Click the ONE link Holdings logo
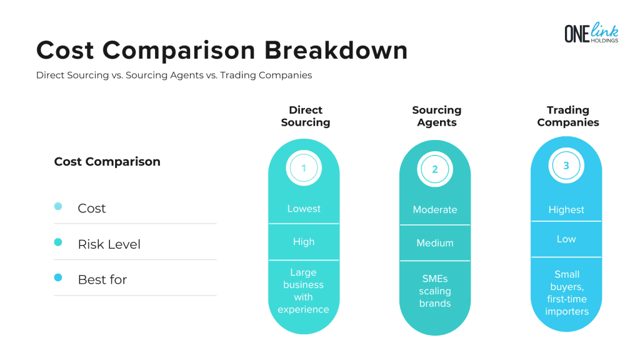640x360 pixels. (x=591, y=33)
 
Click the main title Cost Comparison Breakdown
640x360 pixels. (x=222, y=50)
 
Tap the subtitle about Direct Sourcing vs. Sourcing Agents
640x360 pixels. (x=174, y=75)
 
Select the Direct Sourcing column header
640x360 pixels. (x=306, y=116)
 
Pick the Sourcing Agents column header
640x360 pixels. (x=436, y=116)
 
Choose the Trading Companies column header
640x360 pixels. (x=567, y=116)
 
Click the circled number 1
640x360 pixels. (x=304, y=168)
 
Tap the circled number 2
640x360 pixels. (x=435, y=169)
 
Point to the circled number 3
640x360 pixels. (x=566, y=166)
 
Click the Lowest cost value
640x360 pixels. (x=304, y=209)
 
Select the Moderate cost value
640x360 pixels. (x=435, y=210)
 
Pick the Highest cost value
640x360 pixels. (x=566, y=210)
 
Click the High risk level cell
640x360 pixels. (x=304, y=242)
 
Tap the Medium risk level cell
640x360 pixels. (x=435, y=243)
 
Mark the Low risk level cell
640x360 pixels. (x=566, y=239)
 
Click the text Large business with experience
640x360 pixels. (x=304, y=291)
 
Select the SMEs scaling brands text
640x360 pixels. (x=435, y=291)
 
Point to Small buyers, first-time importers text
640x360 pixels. (x=566, y=292)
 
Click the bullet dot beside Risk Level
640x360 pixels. (x=58, y=242)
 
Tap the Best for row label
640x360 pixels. (x=102, y=279)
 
